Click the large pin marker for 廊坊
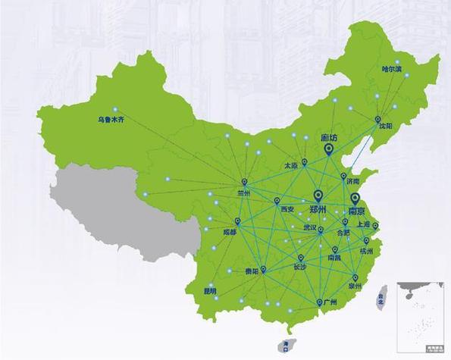(329, 149)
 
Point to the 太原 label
(292, 164)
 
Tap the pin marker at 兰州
(244, 182)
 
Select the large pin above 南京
(355, 199)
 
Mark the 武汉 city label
(309, 227)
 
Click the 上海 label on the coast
(362, 225)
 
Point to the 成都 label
(229, 232)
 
